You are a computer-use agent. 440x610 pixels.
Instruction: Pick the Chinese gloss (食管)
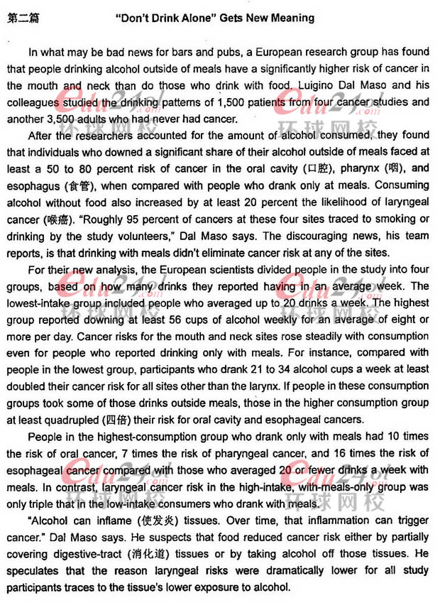tap(78, 187)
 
